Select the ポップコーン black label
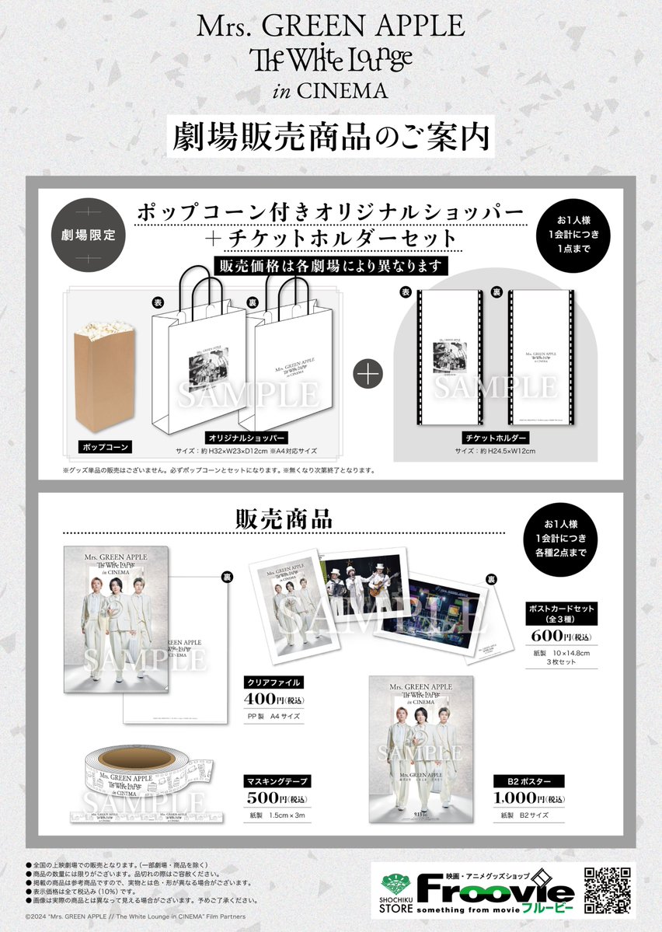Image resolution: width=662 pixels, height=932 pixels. click(x=103, y=448)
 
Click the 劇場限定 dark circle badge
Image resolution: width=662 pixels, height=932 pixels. click(x=88, y=235)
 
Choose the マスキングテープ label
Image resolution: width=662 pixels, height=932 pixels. click(x=277, y=781)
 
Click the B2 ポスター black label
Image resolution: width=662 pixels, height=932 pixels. click(x=528, y=781)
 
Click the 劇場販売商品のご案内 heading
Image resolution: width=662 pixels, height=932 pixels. click(x=330, y=134)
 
